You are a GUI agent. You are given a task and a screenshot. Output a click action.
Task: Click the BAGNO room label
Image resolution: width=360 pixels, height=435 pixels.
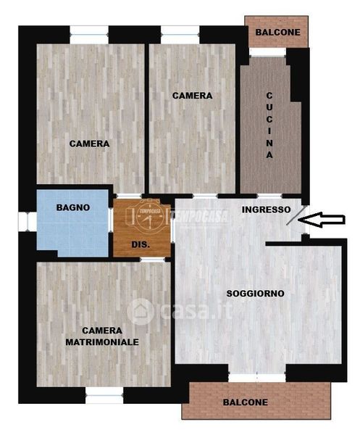point(73,207)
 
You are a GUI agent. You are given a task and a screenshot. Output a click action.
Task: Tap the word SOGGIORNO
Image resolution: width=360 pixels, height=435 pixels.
point(255,294)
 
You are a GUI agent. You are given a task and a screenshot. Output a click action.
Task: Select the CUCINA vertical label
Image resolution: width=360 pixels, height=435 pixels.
point(269,125)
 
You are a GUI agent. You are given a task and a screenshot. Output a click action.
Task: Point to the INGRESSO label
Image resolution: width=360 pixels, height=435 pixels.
point(266,210)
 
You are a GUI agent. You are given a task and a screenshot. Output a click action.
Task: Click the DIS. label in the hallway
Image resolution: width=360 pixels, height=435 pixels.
point(141,245)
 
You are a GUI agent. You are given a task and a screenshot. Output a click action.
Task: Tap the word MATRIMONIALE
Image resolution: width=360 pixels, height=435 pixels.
point(102,342)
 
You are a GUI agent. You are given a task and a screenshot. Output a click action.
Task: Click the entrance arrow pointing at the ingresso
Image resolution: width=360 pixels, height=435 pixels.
point(322,220)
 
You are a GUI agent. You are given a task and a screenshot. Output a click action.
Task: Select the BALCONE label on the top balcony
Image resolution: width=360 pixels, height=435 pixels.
point(277,33)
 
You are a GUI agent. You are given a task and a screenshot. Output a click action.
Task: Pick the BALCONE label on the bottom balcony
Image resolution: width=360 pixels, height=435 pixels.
point(246,402)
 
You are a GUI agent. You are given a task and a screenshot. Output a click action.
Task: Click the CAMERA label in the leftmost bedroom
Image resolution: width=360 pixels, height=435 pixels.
point(89,144)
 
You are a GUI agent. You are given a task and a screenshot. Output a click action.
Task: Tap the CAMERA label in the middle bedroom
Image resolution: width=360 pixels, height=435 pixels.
point(193,96)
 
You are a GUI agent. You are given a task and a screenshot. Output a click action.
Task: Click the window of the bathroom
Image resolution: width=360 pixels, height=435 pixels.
point(28,222)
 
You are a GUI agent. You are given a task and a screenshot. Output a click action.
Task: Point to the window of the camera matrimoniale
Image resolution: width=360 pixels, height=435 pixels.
point(104,395)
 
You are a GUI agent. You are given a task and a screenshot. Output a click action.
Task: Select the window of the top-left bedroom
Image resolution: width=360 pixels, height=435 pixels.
point(89,35)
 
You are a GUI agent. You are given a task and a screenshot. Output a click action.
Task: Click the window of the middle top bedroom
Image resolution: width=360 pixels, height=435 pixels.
point(180,35)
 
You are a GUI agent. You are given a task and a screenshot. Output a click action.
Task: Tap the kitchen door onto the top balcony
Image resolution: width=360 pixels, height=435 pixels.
point(267,52)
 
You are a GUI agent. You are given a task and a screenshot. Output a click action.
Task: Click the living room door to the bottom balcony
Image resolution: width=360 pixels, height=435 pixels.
point(257,378)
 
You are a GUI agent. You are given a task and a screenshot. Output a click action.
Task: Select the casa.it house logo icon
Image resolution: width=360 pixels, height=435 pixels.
point(141,312)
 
